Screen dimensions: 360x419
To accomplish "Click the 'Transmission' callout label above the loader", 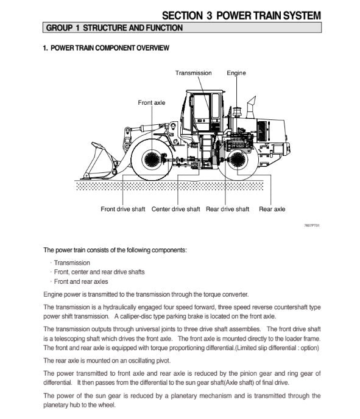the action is [193, 73].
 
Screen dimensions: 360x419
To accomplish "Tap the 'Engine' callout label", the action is [236, 73].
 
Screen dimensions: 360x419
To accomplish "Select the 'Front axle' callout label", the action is [152, 102].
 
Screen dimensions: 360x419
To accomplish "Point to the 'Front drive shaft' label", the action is [123, 209].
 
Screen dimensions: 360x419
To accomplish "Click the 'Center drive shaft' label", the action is [175, 209].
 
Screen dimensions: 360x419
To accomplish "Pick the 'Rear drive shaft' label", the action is [227, 209].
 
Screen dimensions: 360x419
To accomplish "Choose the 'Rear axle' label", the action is [272, 209].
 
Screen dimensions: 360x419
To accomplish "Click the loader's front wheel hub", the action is [152, 160].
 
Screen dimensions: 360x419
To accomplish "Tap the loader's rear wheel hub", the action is [238, 160].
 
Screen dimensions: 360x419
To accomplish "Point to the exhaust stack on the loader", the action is [251, 107].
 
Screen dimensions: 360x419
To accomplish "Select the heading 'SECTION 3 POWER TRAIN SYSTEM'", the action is [241, 15].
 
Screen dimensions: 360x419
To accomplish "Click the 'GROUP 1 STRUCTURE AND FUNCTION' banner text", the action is [115, 28].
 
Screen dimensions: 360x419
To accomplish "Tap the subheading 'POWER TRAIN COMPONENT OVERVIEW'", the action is [110, 48].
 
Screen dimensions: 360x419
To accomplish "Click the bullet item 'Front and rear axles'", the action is [81, 281].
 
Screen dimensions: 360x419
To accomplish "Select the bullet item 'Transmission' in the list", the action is [72, 262].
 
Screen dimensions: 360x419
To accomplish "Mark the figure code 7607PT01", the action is [312, 225].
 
